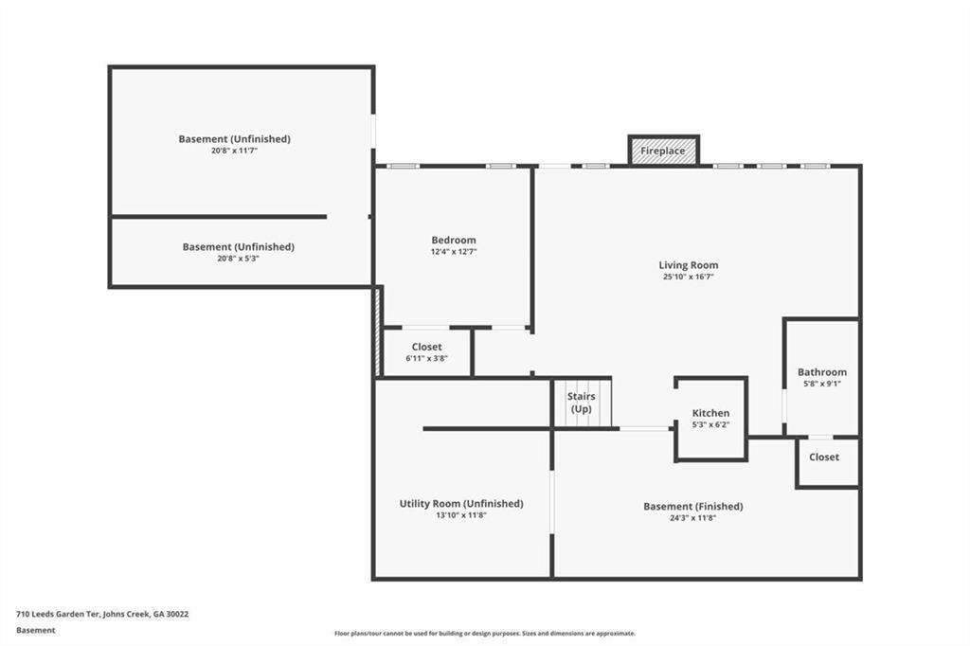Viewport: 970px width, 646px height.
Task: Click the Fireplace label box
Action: (663, 151)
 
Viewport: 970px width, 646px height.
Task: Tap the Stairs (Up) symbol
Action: (582, 403)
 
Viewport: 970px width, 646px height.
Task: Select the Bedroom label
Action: (453, 240)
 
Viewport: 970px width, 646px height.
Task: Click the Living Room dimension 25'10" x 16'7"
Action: (689, 278)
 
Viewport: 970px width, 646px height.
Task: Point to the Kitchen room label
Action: (710, 413)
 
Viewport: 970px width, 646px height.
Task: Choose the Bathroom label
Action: (821, 372)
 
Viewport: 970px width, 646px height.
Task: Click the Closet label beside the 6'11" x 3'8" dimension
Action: (426, 347)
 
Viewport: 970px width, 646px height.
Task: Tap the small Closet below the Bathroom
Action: (823, 457)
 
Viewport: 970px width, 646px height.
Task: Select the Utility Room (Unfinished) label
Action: (461, 503)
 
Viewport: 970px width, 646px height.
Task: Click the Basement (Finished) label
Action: (692, 506)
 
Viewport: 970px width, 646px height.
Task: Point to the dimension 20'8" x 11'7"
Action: (234, 151)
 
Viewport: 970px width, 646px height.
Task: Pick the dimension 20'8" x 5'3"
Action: (238, 258)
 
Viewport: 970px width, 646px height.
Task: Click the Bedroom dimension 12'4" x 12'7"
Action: (453, 252)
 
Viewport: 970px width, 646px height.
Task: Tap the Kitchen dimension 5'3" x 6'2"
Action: (710, 425)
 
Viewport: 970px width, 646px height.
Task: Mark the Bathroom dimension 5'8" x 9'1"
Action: (821, 384)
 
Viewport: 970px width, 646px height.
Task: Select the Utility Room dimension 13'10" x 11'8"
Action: (461, 515)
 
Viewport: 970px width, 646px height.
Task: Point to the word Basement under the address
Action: (36, 630)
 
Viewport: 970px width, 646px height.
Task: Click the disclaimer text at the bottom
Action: (484, 634)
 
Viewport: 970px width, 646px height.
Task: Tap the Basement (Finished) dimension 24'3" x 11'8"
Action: (692, 518)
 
